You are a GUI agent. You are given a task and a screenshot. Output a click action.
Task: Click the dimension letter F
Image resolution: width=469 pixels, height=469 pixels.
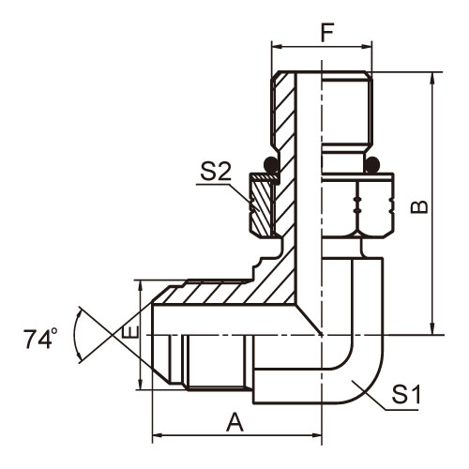(x=327, y=32)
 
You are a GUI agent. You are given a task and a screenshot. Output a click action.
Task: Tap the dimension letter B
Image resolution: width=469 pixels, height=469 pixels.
(x=419, y=206)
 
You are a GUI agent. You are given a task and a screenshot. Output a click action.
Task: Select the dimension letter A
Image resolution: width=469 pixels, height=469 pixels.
(x=234, y=422)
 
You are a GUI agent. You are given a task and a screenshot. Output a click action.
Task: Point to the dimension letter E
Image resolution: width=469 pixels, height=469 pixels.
(x=129, y=331)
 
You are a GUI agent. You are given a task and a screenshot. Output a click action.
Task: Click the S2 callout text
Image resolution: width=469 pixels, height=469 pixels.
(x=216, y=172)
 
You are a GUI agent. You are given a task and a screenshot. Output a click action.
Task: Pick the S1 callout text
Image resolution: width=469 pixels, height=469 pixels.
(x=406, y=394)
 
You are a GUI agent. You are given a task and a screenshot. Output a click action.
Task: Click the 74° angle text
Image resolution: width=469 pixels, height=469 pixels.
(x=40, y=339)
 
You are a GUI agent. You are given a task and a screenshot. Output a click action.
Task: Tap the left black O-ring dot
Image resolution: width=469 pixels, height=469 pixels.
(x=271, y=164)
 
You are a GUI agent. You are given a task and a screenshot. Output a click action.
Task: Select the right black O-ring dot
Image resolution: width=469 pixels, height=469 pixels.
(x=372, y=164)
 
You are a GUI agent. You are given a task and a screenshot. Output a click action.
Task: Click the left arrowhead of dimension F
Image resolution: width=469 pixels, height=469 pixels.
(x=277, y=47)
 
